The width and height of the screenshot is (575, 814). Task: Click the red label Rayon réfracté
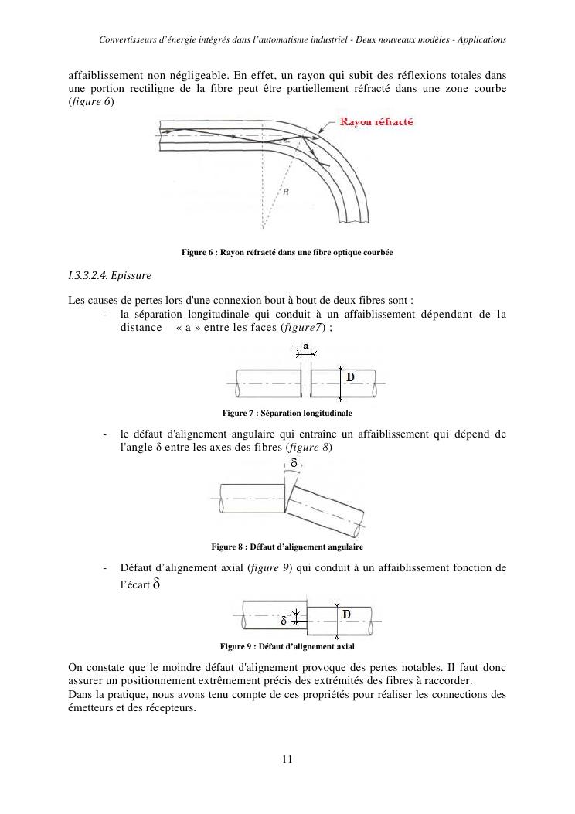pyautogui.click(x=375, y=123)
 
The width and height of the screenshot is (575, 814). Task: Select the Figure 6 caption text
pyautogui.click(x=287, y=252)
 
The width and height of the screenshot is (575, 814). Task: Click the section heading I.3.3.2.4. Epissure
pyautogui.click(x=110, y=275)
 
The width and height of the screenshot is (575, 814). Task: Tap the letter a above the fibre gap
pyautogui.click(x=306, y=346)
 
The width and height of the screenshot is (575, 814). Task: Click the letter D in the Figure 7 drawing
pyautogui.click(x=350, y=376)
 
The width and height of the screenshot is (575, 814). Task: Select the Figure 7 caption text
pyautogui.click(x=287, y=414)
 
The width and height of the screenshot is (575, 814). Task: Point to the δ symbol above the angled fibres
pyautogui.click(x=294, y=464)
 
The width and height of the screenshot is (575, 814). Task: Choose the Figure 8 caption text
pyautogui.click(x=287, y=547)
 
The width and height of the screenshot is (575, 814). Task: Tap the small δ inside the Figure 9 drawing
pyautogui.click(x=284, y=620)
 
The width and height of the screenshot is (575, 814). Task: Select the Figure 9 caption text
pyautogui.click(x=287, y=646)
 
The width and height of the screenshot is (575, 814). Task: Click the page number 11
pyautogui.click(x=287, y=759)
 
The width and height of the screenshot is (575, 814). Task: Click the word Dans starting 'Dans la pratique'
pyautogui.click(x=80, y=693)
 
